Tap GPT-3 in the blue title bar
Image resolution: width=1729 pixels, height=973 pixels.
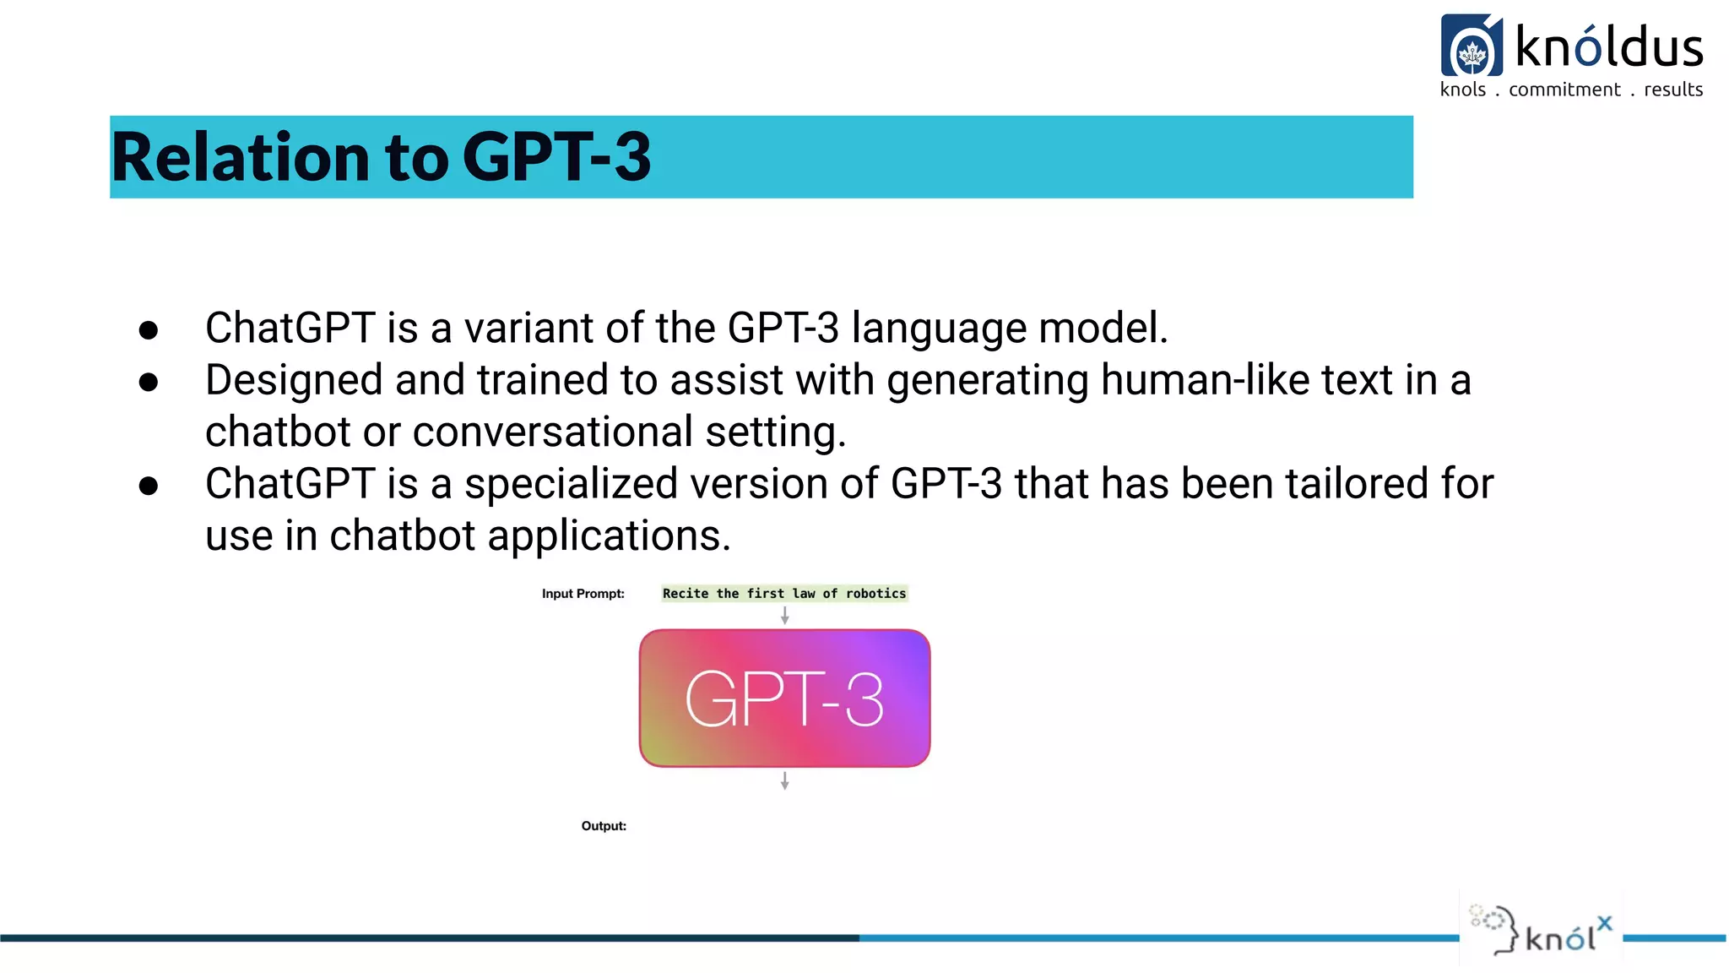(x=556, y=158)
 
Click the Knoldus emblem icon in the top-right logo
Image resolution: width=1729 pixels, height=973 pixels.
(x=1472, y=46)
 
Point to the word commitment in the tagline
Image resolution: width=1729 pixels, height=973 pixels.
(x=1564, y=90)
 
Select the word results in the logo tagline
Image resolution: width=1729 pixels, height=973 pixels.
(x=1672, y=90)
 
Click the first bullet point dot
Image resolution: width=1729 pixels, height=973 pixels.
(x=149, y=330)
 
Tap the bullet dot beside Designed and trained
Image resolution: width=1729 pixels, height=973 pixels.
(x=149, y=383)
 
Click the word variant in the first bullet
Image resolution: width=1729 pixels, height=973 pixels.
(x=528, y=328)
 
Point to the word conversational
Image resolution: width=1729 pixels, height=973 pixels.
(x=552, y=432)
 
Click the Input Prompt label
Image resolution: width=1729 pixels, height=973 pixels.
(x=583, y=594)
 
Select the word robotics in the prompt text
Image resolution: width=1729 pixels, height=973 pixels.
(x=875, y=594)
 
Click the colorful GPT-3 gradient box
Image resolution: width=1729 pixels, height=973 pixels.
(x=784, y=698)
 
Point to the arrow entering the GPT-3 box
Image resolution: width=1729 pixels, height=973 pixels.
(x=784, y=617)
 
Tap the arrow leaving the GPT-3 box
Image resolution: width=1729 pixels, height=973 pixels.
(x=784, y=780)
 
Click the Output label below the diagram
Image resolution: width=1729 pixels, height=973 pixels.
(x=604, y=826)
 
